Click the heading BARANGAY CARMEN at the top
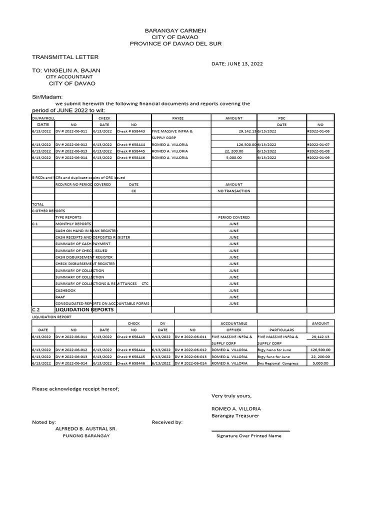point(175,30)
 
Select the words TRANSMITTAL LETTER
point(65,57)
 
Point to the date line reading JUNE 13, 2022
point(237,64)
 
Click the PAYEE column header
point(178,118)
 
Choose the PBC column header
point(281,118)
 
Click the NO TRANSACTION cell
point(233,191)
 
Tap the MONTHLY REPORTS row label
point(73,224)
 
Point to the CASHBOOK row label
point(65,290)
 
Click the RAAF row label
point(60,296)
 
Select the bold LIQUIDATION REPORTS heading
point(84,310)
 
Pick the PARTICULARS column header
point(281,330)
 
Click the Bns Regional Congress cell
point(277,363)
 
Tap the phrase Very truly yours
point(231,395)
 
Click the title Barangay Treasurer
point(235,415)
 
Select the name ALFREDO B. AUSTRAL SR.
point(85,428)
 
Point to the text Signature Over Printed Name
point(248,435)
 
